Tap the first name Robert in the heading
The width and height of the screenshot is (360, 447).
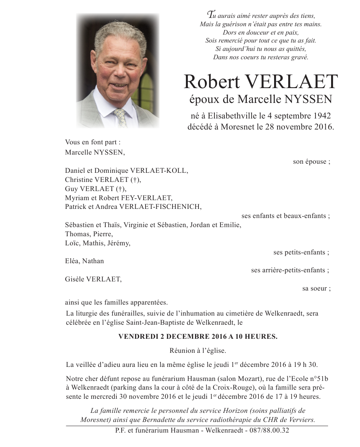pyautogui.click(x=212, y=82)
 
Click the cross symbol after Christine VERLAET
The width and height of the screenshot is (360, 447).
pyautogui.click(x=136, y=180)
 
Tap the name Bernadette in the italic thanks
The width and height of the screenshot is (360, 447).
pyautogui.click(x=197, y=420)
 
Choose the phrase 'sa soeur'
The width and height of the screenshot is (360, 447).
pyautogui.click(x=316, y=288)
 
